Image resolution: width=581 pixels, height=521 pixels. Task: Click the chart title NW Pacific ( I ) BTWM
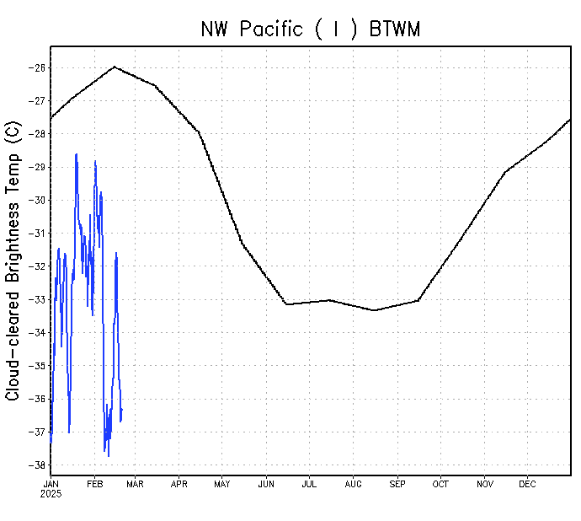pos(310,29)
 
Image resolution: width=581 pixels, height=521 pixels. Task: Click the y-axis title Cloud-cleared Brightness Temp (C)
pos(13,260)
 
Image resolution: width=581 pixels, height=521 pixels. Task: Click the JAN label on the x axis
pos(51,484)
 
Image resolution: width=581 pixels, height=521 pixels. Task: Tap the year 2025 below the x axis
pos(51,493)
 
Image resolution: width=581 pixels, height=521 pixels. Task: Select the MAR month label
pos(135,484)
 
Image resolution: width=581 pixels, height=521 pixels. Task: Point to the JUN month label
pos(266,484)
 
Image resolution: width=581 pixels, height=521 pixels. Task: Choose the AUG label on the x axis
pos(354,484)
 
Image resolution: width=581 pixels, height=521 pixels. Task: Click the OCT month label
pos(440,484)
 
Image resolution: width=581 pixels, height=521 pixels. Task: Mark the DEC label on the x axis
pos(527,484)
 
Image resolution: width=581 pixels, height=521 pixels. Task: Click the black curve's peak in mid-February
pos(115,67)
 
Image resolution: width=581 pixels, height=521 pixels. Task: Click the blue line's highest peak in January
pos(77,154)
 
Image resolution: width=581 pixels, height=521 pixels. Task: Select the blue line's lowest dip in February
pos(108,456)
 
